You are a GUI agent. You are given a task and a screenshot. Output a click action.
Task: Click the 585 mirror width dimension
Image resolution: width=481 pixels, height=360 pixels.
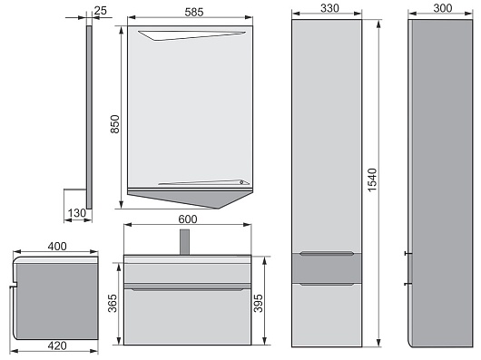point(194,12)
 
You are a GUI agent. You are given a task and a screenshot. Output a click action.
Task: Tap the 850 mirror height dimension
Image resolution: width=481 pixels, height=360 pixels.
point(114,124)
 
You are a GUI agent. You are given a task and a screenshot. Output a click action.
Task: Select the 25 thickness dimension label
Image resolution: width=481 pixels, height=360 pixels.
point(101,10)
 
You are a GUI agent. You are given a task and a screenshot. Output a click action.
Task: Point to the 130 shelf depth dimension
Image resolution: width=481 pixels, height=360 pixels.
point(77,212)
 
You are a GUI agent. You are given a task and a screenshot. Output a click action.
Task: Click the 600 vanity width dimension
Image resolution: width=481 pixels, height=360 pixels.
point(188,219)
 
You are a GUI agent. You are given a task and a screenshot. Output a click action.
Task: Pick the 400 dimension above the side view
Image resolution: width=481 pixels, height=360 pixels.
point(57,246)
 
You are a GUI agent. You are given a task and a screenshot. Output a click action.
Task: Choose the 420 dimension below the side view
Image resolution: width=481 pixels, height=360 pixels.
point(57,345)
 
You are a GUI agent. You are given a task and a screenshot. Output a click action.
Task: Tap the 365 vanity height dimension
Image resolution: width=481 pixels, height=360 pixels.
point(113,303)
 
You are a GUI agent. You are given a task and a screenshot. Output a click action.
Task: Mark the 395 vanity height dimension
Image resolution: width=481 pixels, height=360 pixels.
point(259,303)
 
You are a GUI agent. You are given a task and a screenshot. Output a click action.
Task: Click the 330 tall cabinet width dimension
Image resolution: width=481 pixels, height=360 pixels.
point(329,8)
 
